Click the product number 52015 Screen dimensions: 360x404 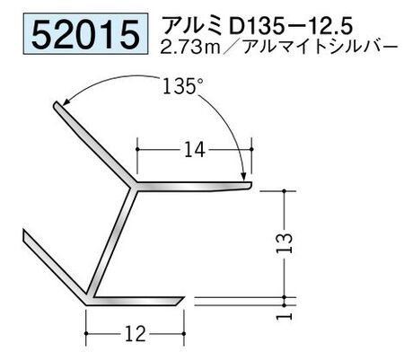pos(78,34)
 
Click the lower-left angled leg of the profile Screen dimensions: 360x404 pos(54,267)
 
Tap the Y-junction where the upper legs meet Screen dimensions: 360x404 pos(134,188)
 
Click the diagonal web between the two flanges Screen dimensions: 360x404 pos(113,242)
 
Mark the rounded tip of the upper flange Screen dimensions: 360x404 pos(250,186)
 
